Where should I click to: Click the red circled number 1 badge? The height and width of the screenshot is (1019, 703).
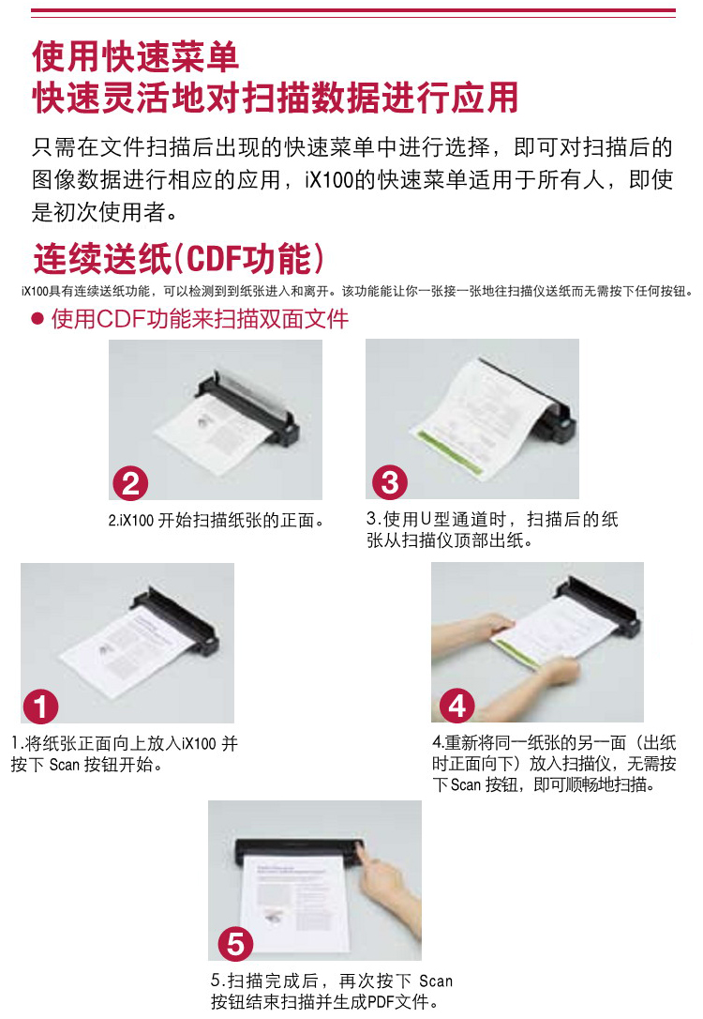click(40, 707)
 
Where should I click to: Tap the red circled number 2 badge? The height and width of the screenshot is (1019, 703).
click(130, 483)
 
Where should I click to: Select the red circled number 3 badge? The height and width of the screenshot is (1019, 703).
click(390, 483)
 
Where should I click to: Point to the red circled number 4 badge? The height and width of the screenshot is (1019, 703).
click(457, 706)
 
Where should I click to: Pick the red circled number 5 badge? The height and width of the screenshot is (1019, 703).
click(235, 944)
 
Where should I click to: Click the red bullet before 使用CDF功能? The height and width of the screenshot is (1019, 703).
click(37, 318)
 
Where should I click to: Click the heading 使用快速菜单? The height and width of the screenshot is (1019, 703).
click(135, 56)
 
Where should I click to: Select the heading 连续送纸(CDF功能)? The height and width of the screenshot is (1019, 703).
click(178, 258)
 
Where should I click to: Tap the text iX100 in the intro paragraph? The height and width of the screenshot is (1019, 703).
click(330, 179)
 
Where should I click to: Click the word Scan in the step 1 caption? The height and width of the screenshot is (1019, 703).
click(65, 764)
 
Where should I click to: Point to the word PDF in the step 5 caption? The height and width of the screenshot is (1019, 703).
click(381, 1001)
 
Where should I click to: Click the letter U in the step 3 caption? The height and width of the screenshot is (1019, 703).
click(426, 519)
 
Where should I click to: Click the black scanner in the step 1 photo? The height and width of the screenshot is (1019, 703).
click(177, 617)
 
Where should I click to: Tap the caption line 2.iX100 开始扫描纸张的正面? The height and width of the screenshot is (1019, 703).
click(217, 521)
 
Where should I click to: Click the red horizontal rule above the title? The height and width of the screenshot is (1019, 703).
click(353, 11)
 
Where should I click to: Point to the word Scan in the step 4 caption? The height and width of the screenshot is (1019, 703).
click(466, 785)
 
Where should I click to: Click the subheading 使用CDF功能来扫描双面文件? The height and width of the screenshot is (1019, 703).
click(200, 318)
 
